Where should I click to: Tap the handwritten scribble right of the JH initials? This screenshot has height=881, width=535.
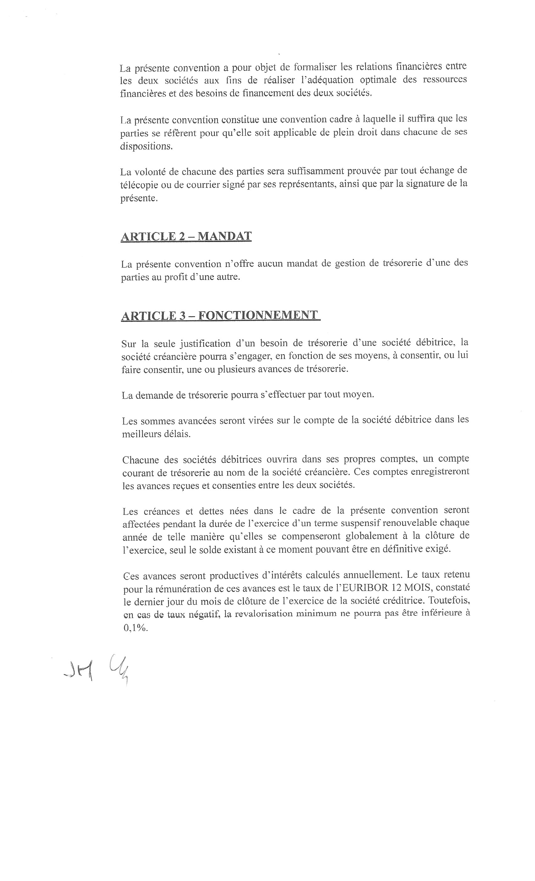point(118,668)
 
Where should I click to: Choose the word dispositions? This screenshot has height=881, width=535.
point(146,146)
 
